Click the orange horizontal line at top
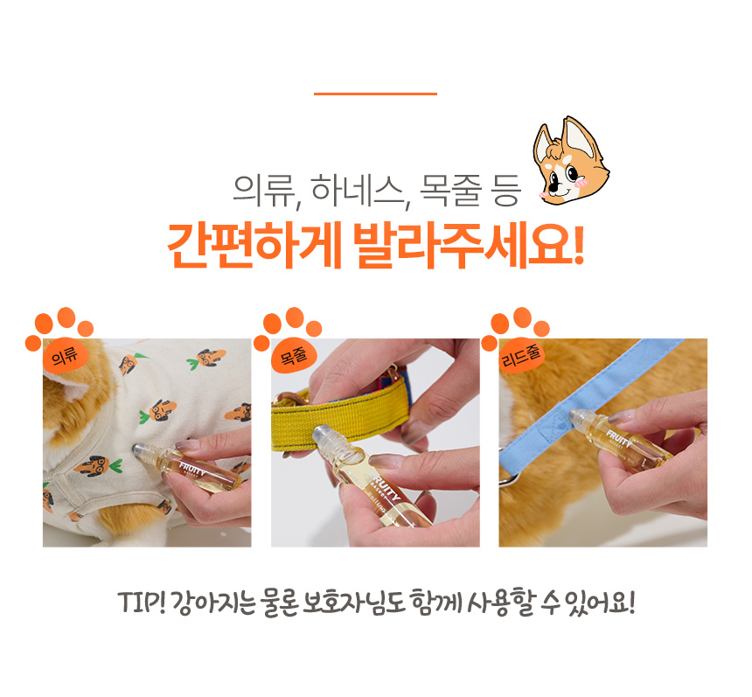coord(375,94)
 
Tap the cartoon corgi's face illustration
coord(571,162)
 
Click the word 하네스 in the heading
coord(358,191)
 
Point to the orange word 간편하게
coord(254,245)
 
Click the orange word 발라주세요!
coord(469,245)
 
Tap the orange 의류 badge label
coord(64,356)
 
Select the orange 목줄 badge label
coord(293,356)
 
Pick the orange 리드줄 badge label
coord(521,356)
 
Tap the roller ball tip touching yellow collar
coord(324,433)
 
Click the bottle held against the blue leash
coord(621,441)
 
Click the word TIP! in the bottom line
coord(142,603)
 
